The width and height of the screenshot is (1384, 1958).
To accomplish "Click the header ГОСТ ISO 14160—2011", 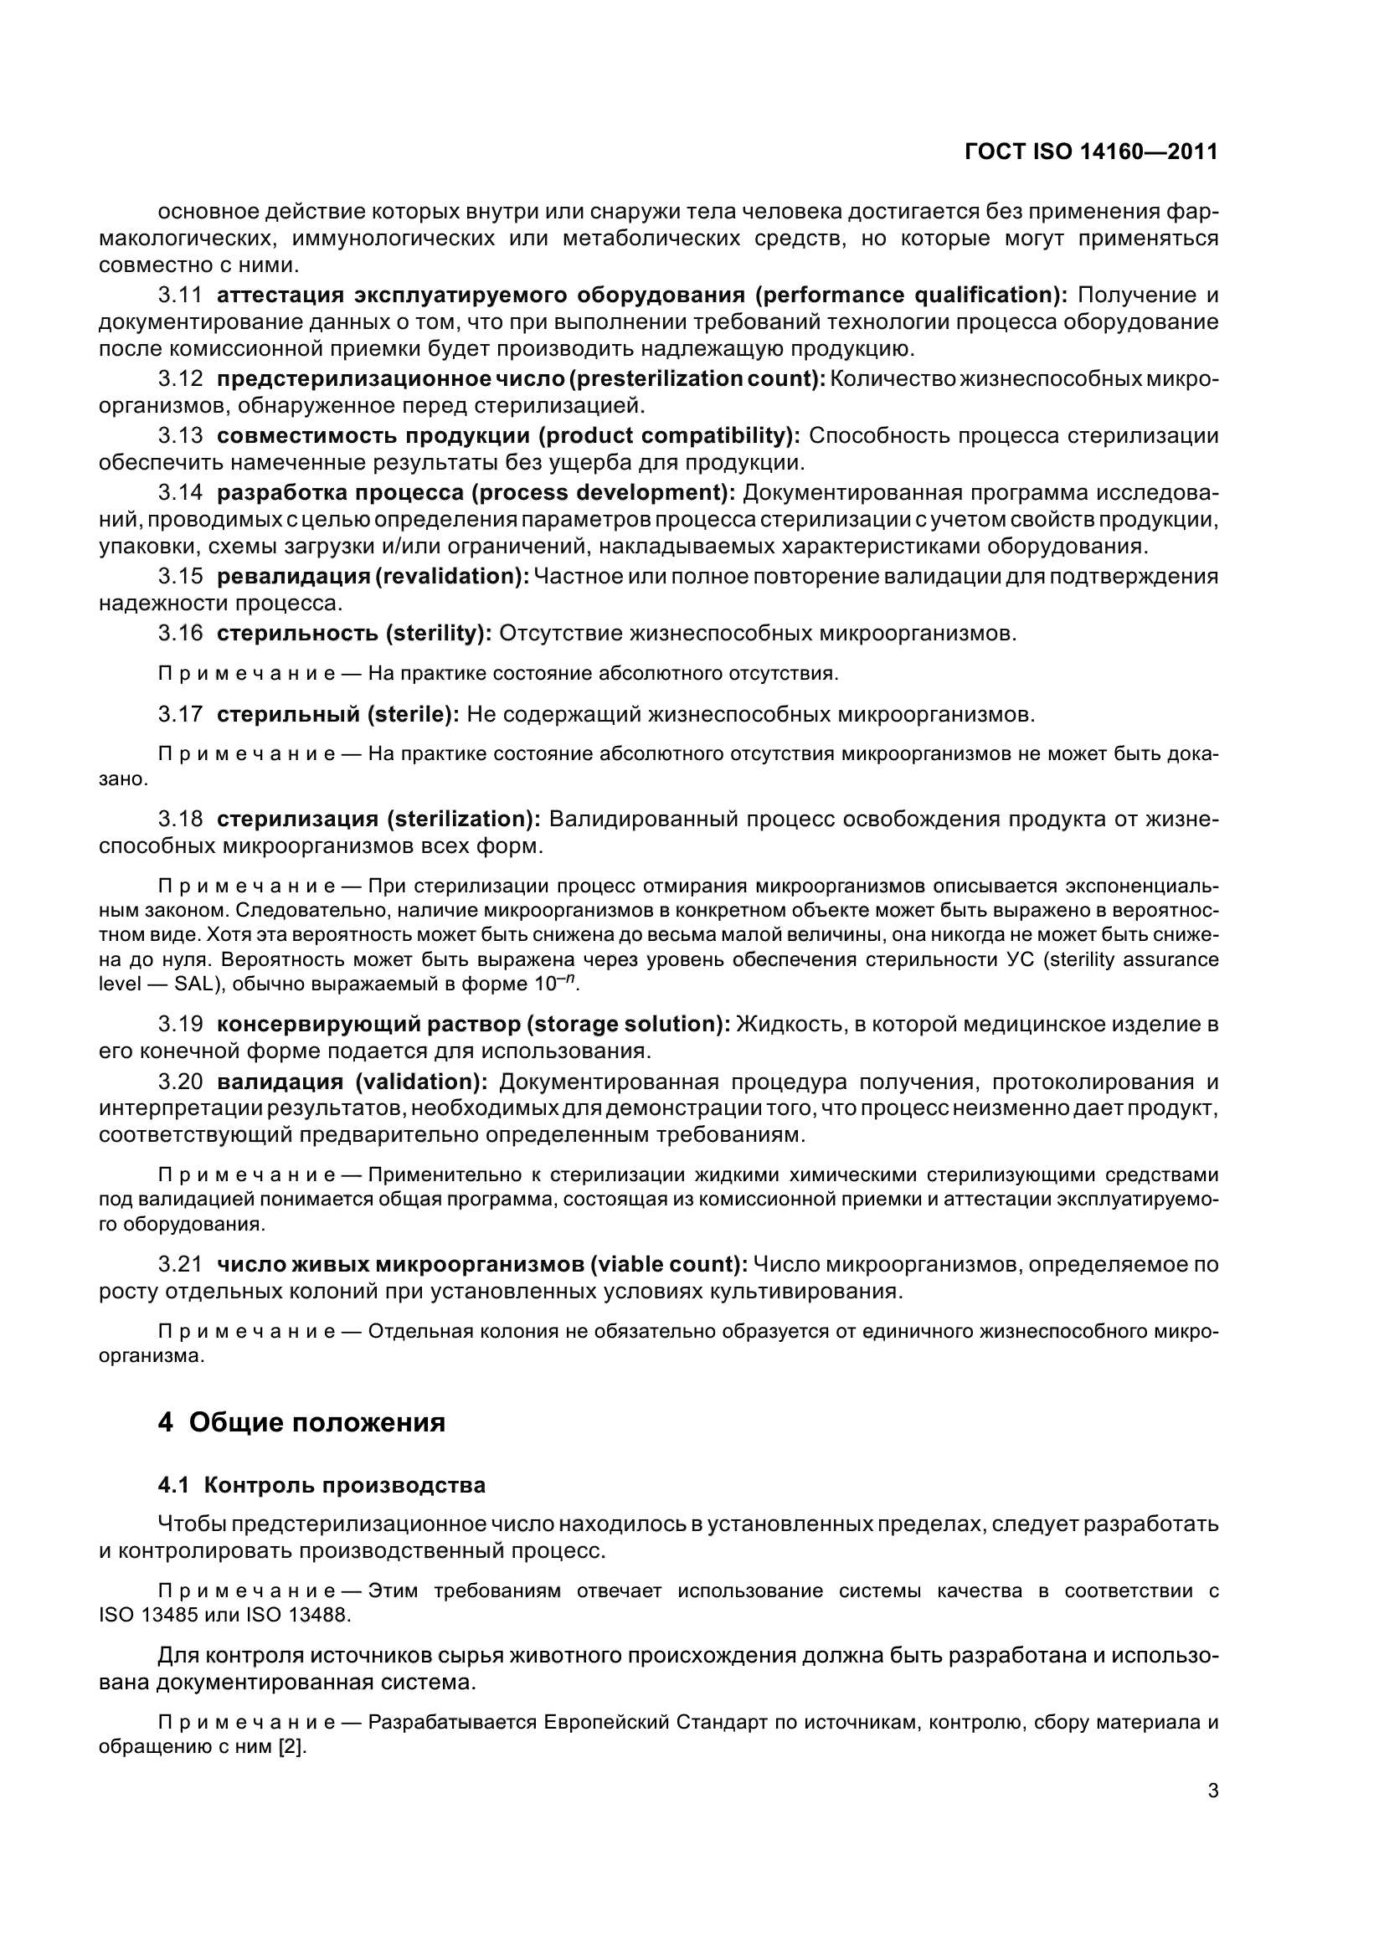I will click(1091, 152).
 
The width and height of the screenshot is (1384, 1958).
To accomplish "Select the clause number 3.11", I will click(180, 295).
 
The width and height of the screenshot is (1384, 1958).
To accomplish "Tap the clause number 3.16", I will click(180, 633).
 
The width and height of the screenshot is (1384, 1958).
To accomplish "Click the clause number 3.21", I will click(180, 1264).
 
